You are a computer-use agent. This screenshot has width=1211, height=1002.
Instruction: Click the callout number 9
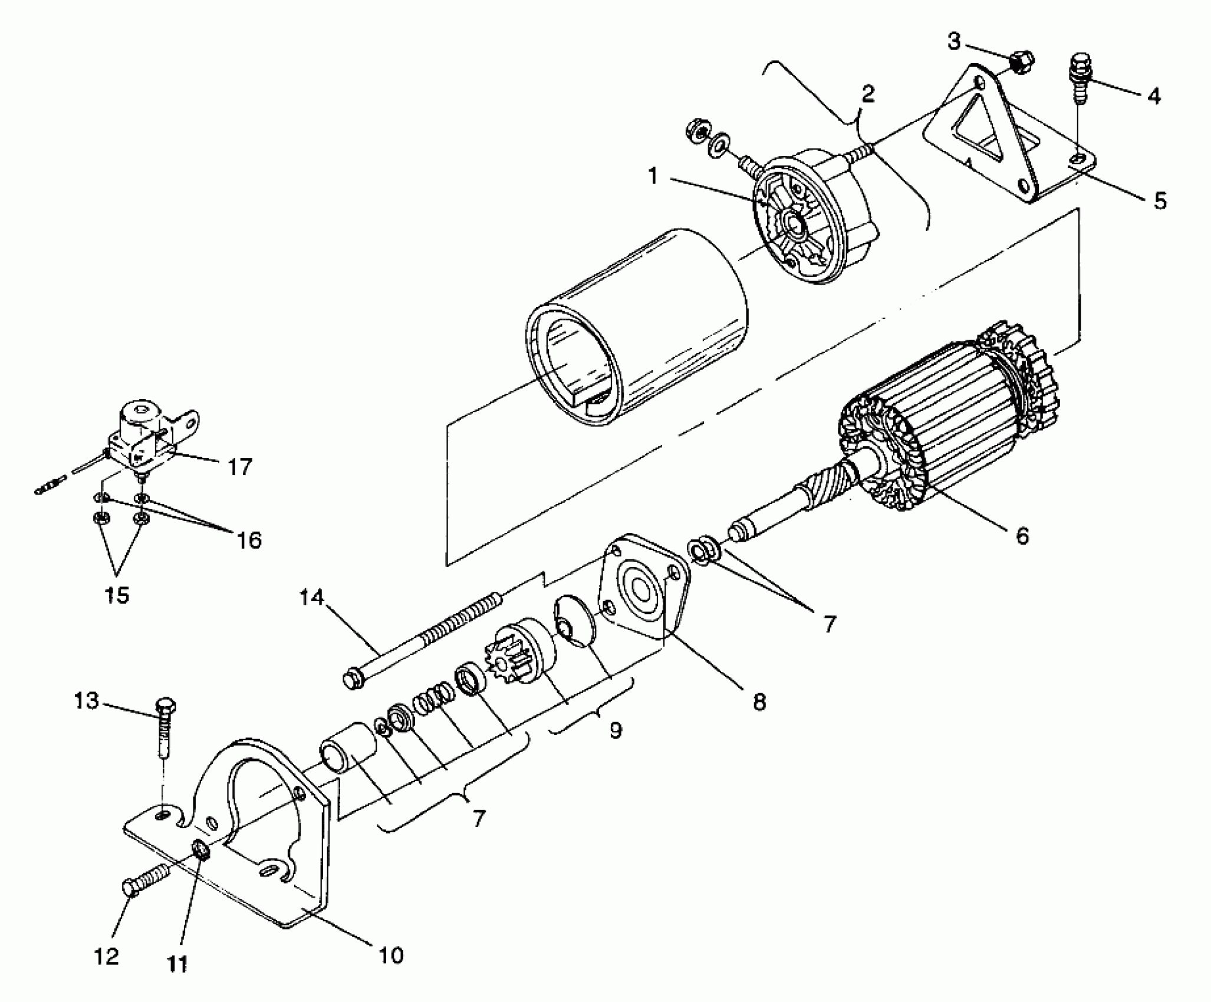(x=615, y=731)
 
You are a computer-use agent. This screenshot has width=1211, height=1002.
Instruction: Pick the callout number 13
(x=86, y=701)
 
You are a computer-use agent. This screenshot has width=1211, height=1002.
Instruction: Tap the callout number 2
(x=867, y=94)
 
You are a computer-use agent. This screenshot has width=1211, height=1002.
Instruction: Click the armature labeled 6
(x=943, y=424)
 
